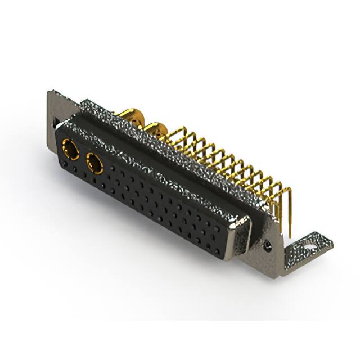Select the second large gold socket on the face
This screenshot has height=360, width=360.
point(94,164)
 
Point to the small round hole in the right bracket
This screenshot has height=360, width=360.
point(268,245)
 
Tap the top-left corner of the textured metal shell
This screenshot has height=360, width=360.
point(82,102)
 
